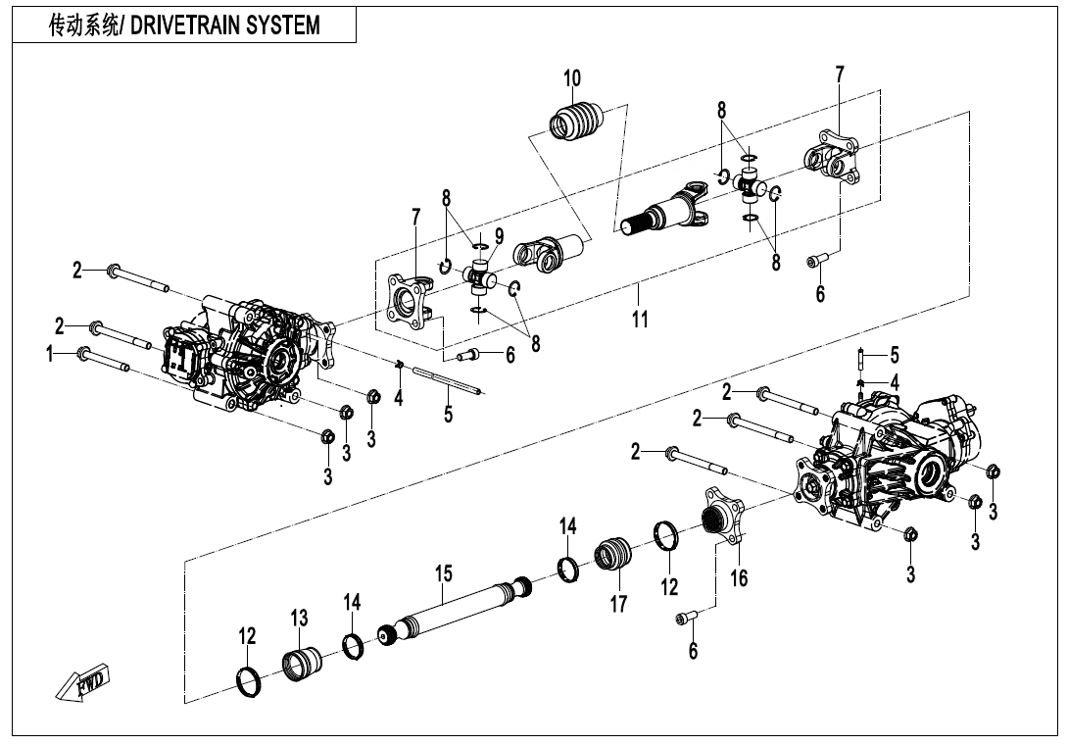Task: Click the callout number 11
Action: point(639,320)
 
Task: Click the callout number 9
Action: point(499,235)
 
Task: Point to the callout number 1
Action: point(49,355)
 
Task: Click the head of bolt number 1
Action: point(84,354)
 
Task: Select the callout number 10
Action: point(572,78)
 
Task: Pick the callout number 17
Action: point(618,604)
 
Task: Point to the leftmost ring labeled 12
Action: point(250,679)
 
